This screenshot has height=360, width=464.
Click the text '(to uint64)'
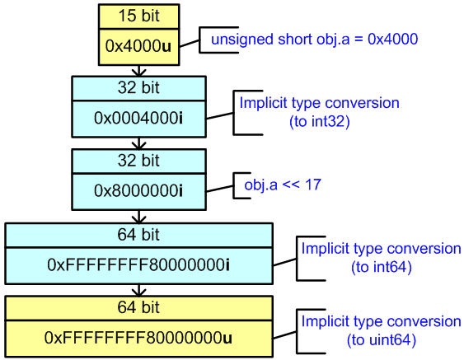381,339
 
